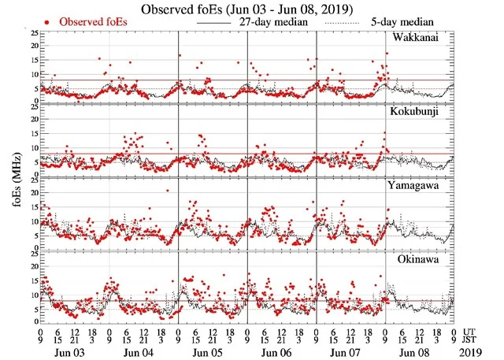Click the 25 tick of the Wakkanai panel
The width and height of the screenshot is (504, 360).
point(32,33)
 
